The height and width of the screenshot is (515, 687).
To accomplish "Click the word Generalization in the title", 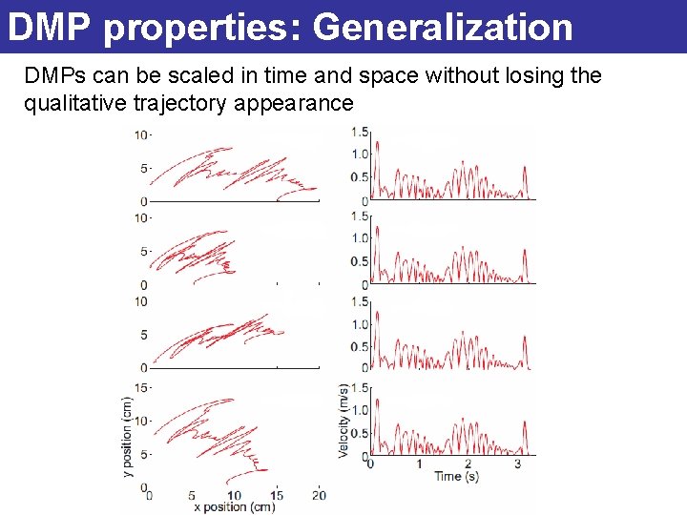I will point(443,28).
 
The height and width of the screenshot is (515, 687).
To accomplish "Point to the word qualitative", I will point(71,103).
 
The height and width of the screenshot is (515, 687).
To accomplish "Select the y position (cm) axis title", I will point(127,436).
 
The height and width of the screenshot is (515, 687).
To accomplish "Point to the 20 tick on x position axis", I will point(320,495).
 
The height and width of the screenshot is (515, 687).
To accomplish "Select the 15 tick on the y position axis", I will point(141,387).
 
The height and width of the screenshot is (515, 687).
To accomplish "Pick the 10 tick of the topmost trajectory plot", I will point(141,134).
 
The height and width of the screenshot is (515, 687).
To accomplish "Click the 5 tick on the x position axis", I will point(192,495).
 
